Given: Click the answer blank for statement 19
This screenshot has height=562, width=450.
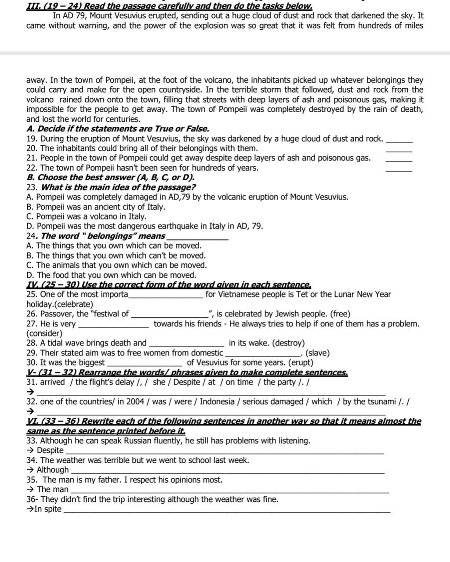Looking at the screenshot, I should [x=399, y=141].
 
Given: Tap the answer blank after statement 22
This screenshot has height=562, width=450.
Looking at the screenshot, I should [x=399, y=170].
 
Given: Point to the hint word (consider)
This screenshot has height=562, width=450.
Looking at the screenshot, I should [x=44, y=333].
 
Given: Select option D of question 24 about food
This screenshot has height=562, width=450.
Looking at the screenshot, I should [x=111, y=275].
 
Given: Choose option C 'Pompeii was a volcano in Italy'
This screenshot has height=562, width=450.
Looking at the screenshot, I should [x=87, y=217].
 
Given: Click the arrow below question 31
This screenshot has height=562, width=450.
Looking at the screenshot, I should [x=30, y=392].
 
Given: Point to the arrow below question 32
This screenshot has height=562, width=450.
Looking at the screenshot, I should [x=30, y=412].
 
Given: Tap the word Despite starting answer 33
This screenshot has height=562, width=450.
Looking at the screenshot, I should [x=50, y=451].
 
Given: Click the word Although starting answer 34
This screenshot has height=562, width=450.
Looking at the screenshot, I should [x=53, y=470].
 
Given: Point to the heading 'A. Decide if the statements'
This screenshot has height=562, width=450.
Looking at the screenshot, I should [x=118, y=129].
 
